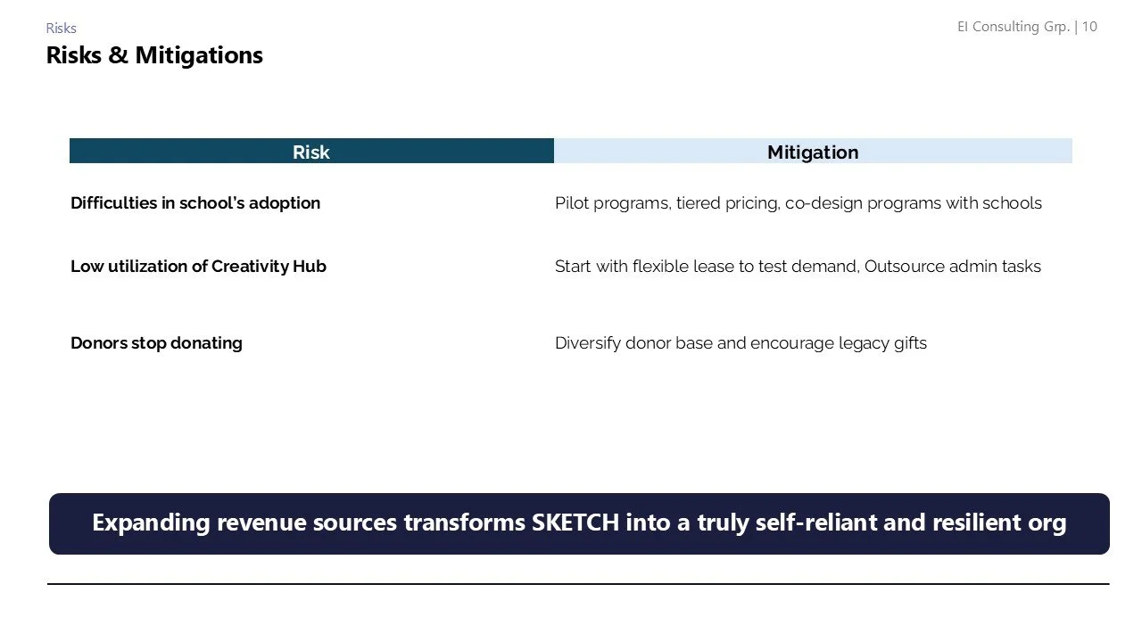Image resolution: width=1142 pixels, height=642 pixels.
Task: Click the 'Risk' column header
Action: point(311,152)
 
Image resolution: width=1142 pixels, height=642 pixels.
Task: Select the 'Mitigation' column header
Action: point(812,152)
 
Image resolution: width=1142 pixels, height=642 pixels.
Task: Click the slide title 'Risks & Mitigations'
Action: point(154,55)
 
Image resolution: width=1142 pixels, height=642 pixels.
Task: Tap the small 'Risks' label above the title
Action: point(62,29)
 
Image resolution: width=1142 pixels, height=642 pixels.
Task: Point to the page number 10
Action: point(1089,27)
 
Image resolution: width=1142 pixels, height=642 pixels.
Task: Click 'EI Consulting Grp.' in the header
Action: point(1013,27)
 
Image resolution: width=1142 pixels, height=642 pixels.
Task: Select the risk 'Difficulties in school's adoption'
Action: point(195,203)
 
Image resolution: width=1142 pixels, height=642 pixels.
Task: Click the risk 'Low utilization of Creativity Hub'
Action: point(198,267)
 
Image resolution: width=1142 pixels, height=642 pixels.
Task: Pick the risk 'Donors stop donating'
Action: point(156,343)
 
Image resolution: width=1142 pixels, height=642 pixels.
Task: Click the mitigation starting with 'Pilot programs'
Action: point(798,203)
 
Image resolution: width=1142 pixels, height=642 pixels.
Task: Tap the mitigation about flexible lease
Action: point(798,267)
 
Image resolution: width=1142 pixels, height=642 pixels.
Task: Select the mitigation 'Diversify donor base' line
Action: point(741,343)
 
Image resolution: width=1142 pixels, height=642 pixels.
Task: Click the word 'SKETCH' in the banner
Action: point(575,523)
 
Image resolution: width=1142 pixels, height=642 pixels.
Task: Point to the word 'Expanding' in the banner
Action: point(151,523)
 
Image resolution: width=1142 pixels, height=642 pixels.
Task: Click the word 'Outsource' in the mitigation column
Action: point(902,267)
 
